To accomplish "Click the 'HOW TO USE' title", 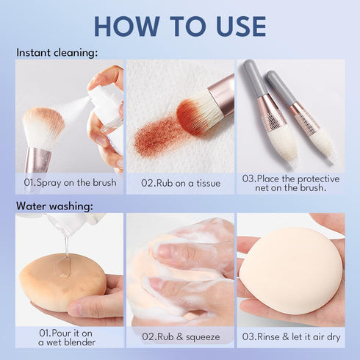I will pyautogui.click(x=180, y=26).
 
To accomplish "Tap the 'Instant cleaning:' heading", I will pyautogui.click(x=57, y=53).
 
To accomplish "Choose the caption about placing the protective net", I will pyautogui.click(x=290, y=182).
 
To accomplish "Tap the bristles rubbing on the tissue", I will pyautogui.click(x=195, y=114).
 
